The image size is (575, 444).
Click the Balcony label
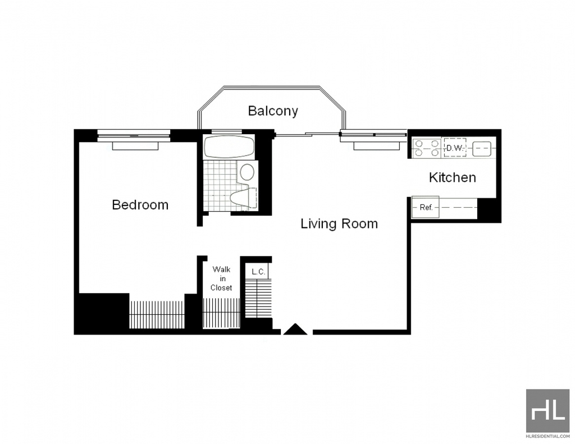point(273,111)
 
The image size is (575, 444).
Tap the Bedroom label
point(140,204)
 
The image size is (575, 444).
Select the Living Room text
point(339,223)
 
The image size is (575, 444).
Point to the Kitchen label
point(453,177)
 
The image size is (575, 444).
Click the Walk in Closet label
point(221,278)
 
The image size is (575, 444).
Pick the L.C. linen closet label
point(258,272)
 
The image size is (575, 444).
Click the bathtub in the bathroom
point(229,147)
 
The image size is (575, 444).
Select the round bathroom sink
point(247,172)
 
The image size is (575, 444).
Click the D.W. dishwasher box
point(455,148)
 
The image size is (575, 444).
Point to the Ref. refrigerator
point(426,208)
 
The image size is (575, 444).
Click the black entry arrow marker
point(295,329)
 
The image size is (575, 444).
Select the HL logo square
point(548,411)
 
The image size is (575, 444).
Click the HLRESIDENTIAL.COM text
point(548,436)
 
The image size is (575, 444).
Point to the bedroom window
point(134,136)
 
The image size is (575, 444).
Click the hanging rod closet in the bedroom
point(157,314)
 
